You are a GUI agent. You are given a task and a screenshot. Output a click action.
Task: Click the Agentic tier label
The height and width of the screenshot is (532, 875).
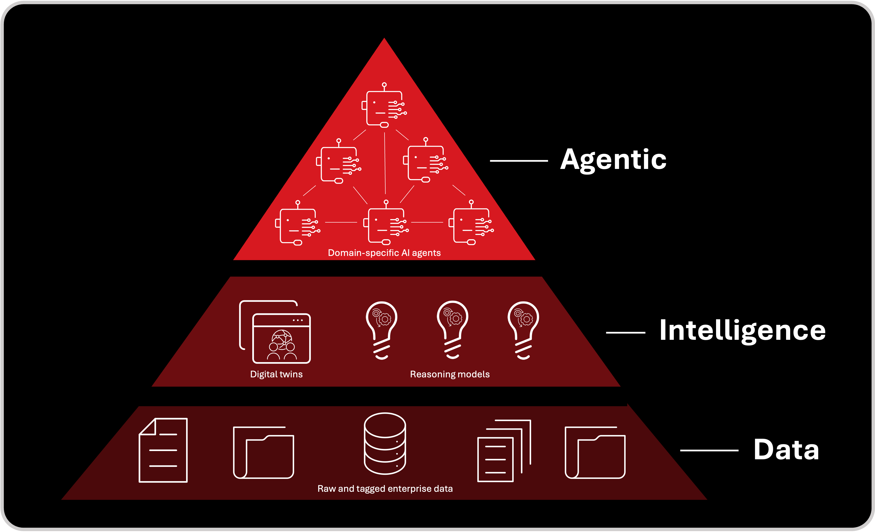click(613, 160)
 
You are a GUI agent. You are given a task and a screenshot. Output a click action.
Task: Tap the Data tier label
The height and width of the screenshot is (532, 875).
click(786, 450)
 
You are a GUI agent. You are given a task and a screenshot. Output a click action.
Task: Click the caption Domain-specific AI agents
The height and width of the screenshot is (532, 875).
click(384, 253)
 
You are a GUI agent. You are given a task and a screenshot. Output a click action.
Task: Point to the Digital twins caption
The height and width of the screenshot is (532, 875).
click(276, 374)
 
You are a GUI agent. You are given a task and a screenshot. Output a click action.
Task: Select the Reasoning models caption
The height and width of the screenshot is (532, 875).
click(449, 374)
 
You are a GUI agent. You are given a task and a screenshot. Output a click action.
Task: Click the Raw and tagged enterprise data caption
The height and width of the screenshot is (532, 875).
click(385, 489)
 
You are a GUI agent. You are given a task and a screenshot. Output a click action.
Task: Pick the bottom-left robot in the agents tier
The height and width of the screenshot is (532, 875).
click(298, 224)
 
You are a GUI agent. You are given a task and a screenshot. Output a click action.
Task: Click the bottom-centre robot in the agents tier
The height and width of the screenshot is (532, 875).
click(386, 223)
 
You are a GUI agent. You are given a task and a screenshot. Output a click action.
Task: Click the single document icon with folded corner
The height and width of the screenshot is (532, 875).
click(163, 450)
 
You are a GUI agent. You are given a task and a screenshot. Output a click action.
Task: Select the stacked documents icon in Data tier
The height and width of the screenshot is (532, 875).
click(504, 451)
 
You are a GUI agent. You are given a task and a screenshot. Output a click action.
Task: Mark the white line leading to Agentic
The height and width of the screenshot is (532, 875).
click(519, 161)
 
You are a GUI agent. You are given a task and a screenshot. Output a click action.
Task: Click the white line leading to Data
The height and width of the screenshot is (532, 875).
click(709, 450)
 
